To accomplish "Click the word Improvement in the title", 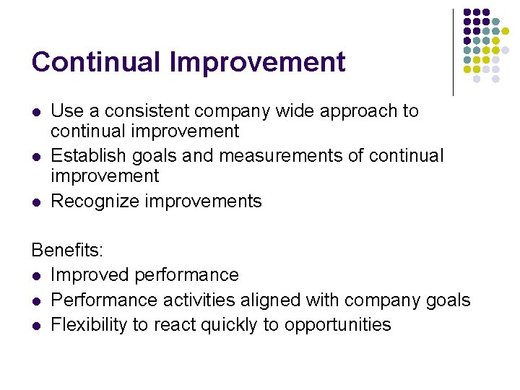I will (258, 62).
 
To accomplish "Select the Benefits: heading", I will (68, 251).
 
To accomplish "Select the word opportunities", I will (337, 325).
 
